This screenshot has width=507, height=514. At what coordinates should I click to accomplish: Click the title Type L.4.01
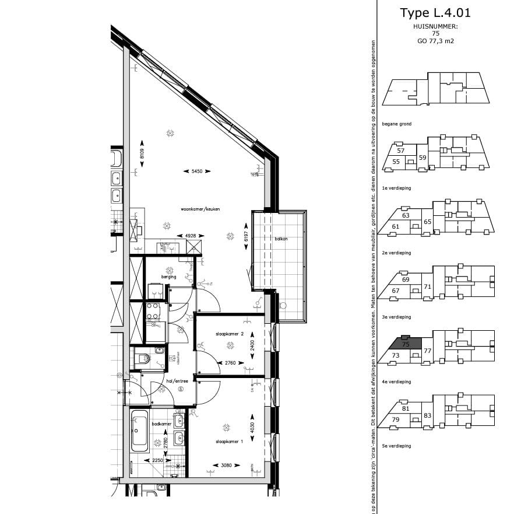click(x=435, y=13)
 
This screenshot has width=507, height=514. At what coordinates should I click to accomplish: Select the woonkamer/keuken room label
click(x=200, y=209)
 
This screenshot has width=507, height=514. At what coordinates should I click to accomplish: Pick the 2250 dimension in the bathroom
click(x=158, y=460)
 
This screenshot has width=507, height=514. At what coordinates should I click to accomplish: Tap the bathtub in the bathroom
click(x=140, y=432)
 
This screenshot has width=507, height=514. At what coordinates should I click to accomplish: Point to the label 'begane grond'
click(x=396, y=124)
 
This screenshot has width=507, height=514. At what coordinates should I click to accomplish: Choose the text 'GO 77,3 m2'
click(x=435, y=41)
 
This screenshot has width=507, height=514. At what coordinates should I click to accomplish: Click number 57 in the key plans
click(x=400, y=151)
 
